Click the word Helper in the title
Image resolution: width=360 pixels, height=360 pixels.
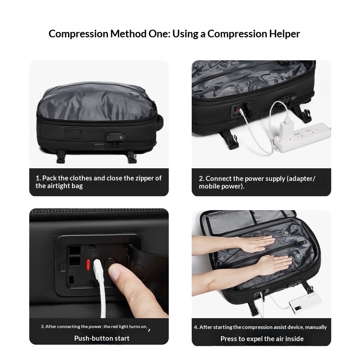[284, 34]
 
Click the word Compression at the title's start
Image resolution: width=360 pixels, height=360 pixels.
[78, 34]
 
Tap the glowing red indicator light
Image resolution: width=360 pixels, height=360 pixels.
[88, 265]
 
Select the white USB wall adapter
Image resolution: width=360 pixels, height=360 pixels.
[287, 126]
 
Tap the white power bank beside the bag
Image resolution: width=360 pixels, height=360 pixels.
[306, 301]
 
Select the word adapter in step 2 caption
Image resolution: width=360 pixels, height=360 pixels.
[302, 179]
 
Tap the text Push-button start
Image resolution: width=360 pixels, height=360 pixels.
[102, 338]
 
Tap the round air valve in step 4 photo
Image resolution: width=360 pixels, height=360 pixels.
[298, 256]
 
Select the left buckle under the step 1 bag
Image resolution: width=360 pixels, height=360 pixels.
[61, 157]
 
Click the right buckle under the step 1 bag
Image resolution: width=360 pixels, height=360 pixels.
[132, 157]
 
